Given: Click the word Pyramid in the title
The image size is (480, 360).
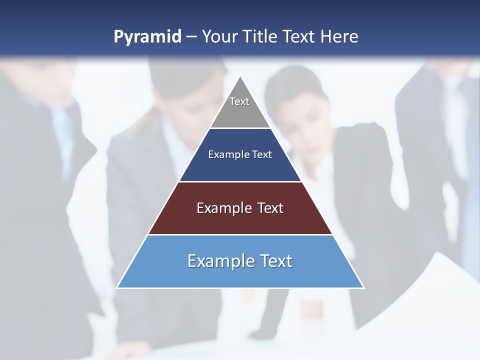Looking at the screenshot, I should (147, 37).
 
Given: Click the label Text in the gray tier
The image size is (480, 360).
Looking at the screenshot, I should (239, 101).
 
